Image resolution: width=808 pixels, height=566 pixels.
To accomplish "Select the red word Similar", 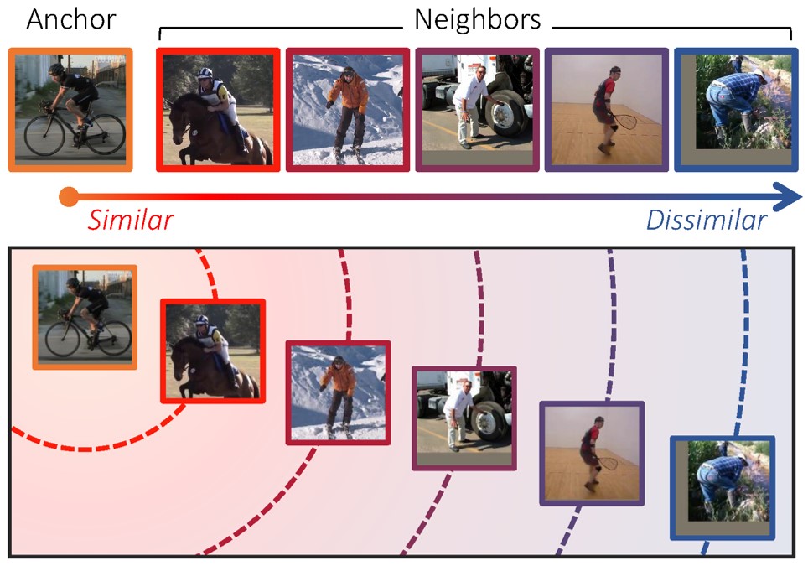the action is (131, 221).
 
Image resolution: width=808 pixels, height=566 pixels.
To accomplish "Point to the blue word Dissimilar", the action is (706, 221).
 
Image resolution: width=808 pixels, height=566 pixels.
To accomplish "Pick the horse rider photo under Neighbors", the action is (218, 109).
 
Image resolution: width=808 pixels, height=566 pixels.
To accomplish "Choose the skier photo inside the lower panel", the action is (338, 392).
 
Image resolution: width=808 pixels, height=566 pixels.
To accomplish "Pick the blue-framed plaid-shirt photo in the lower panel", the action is (723, 488).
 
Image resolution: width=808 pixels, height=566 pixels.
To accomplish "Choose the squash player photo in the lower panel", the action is (591, 453).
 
